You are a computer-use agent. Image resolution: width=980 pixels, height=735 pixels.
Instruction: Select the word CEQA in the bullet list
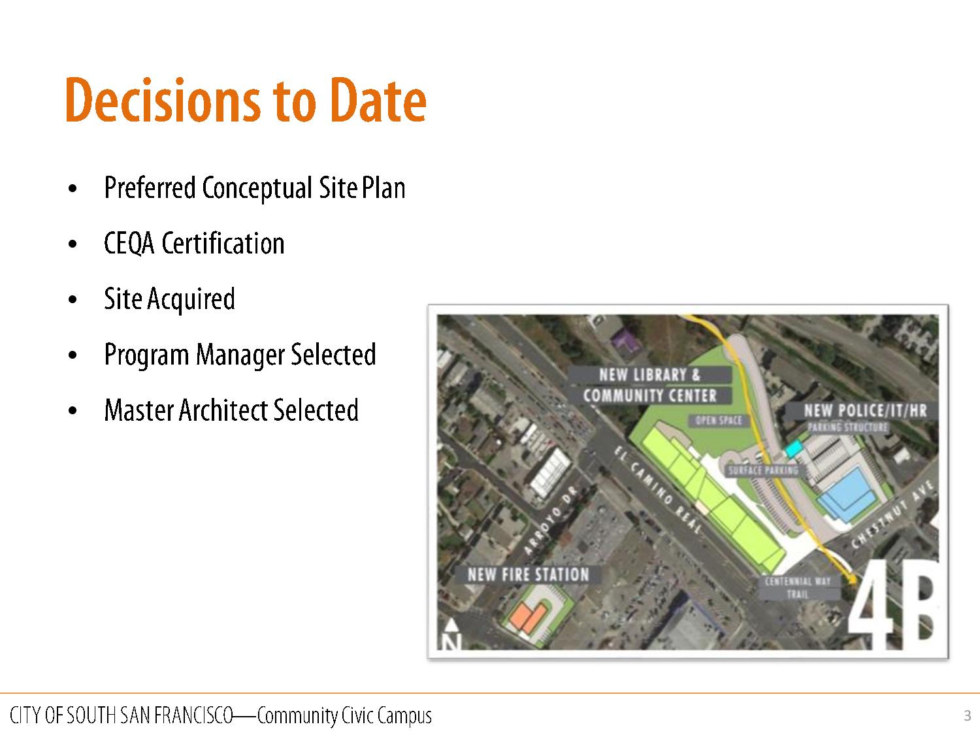[129, 244]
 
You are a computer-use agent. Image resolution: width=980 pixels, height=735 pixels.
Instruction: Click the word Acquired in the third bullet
[191, 300]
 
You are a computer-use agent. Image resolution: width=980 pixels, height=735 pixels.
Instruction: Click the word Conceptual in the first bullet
[257, 188]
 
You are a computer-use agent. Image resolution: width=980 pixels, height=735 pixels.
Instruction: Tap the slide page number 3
[968, 715]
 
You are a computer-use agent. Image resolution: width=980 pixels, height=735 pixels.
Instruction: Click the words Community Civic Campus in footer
[344, 716]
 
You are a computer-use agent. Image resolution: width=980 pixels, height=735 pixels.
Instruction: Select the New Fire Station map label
[528, 574]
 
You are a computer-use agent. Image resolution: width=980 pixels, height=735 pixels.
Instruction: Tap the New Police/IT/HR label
[865, 410]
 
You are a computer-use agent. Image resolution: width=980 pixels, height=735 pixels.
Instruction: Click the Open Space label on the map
[718, 420]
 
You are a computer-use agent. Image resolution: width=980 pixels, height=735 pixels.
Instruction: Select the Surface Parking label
[763, 471]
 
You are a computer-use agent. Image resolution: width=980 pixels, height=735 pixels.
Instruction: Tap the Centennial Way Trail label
[798, 587]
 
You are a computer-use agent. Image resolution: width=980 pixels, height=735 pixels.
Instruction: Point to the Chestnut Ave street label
[892, 515]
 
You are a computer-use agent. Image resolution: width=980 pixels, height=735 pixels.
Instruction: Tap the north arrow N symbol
[452, 634]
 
